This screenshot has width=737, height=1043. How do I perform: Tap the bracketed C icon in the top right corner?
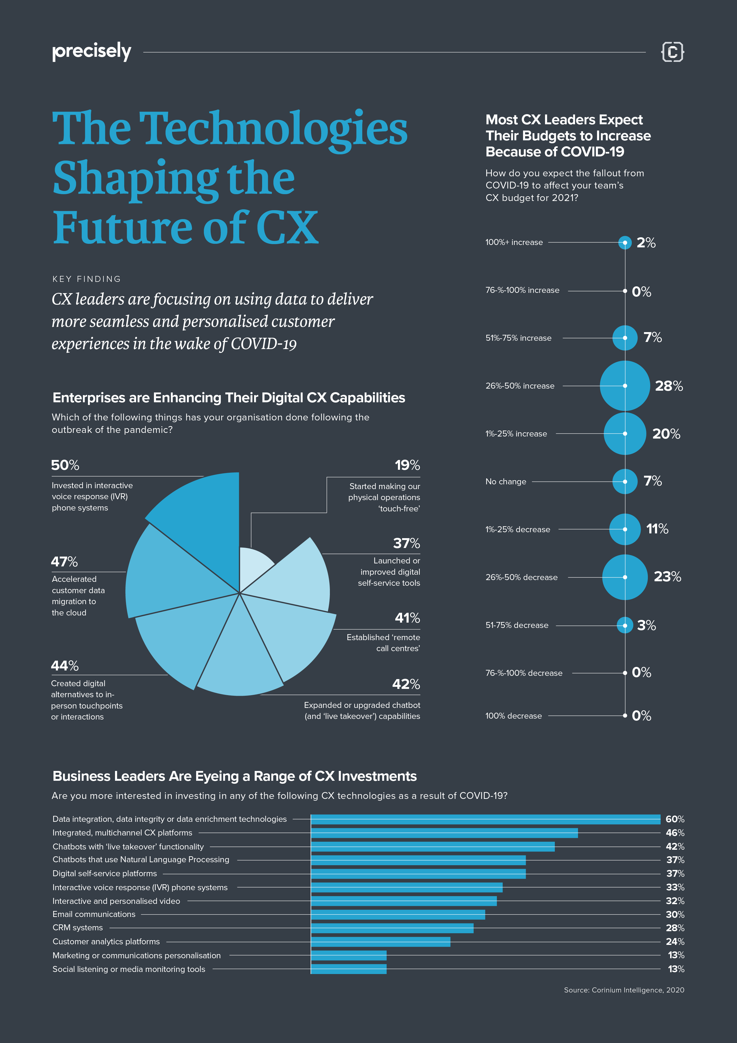[x=672, y=51]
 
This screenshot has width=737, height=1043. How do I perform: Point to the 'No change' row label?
[x=505, y=482]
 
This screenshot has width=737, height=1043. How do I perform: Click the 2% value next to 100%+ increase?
[x=646, y=243]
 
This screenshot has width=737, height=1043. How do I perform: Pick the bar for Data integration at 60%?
[x=485, y=819]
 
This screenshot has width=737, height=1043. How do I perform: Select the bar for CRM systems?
[x=392, y=928]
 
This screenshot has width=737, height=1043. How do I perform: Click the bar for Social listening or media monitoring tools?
[x=348, y=969]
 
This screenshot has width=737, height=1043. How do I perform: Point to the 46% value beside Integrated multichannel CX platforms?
[x=675, y=833]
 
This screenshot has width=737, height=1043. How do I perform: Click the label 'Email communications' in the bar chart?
[x=94, y=914]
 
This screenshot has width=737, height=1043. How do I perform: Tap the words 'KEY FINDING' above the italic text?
[x=86, y=279]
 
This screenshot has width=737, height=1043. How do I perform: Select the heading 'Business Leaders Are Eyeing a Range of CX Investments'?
[x=234, y=776]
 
